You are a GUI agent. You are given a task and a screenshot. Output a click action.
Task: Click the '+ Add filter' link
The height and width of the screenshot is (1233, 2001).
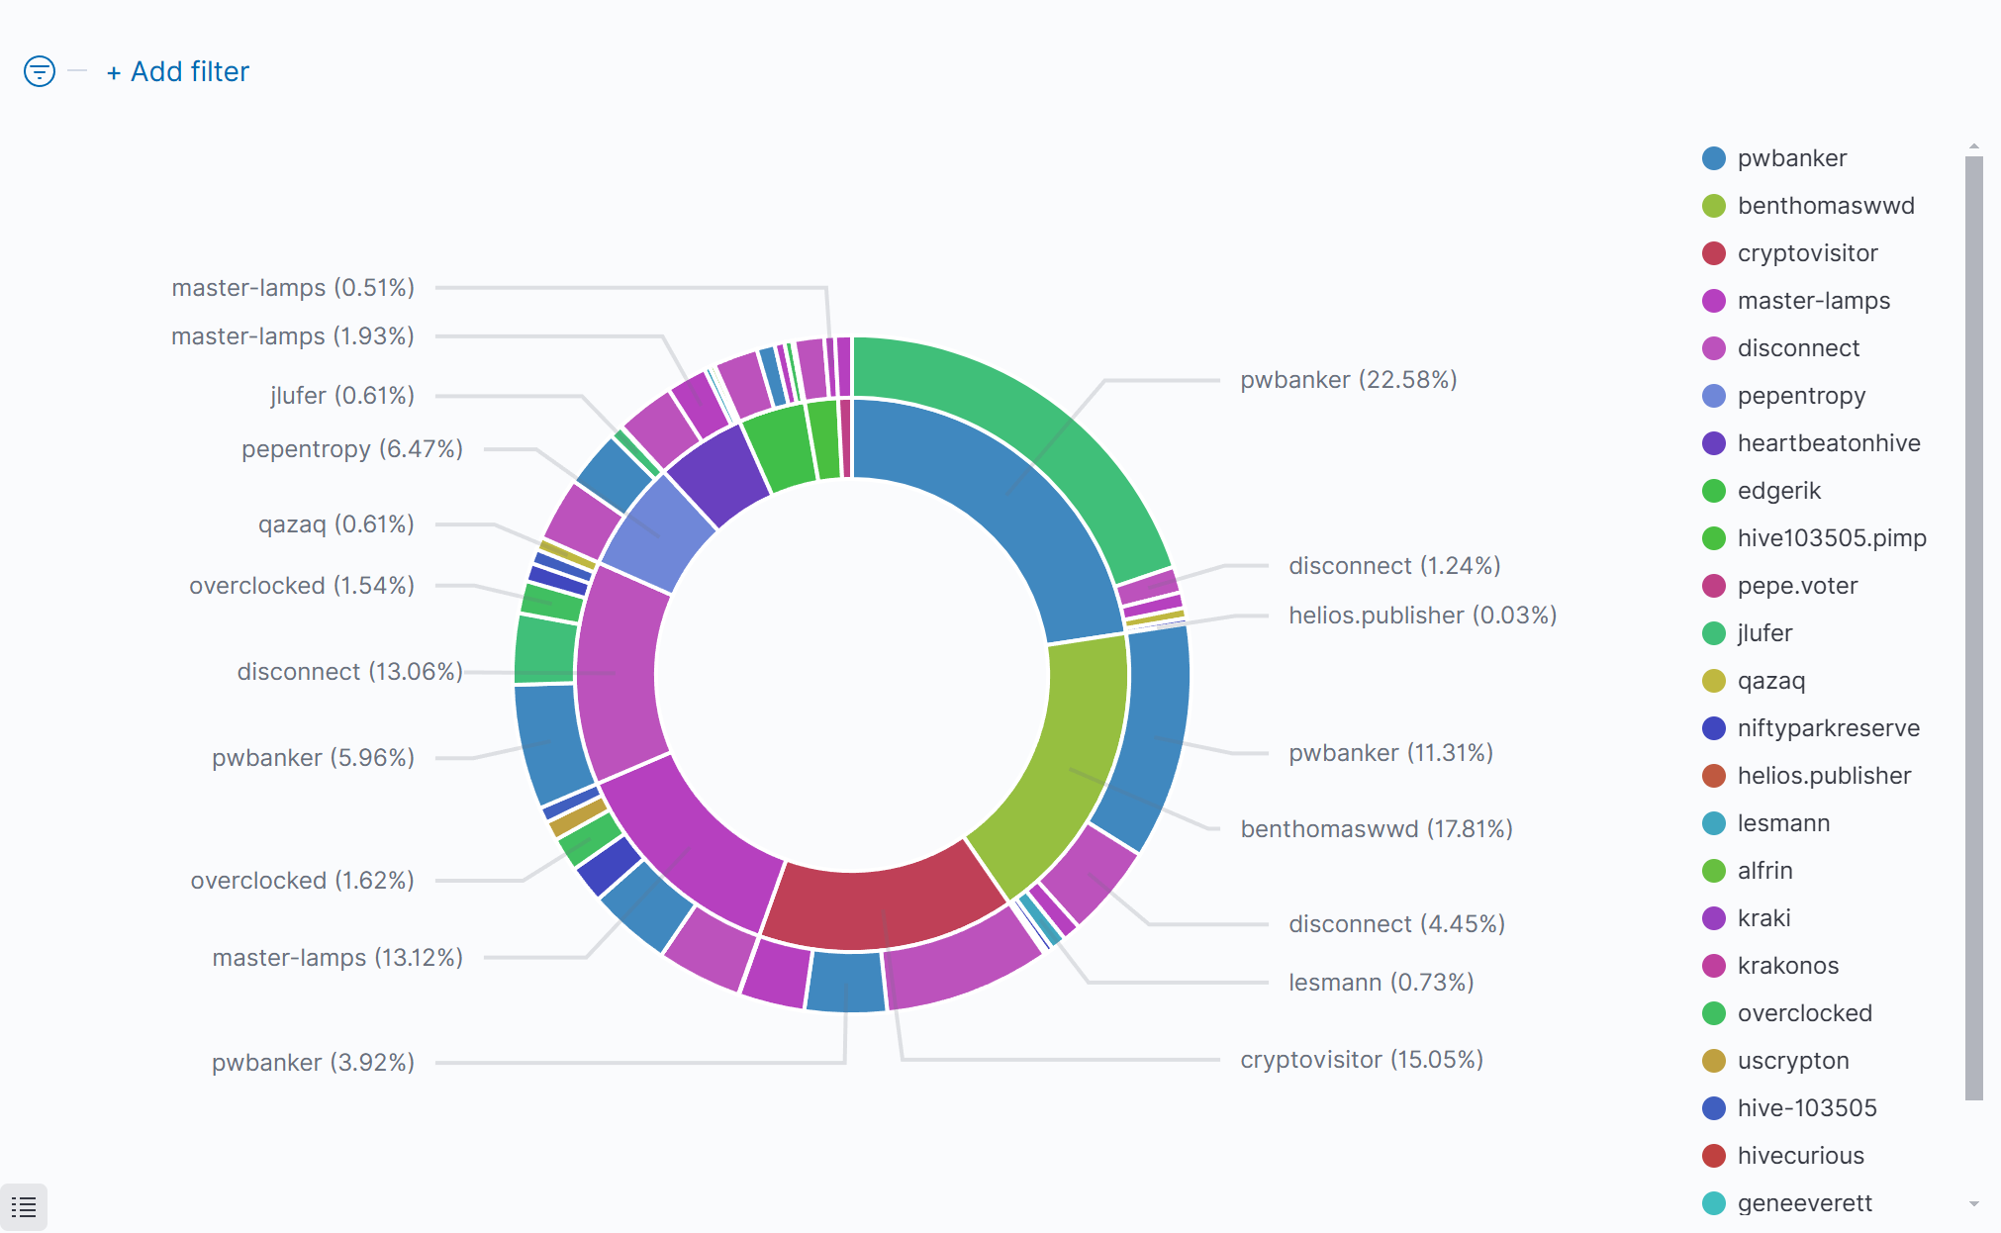click(178, 72)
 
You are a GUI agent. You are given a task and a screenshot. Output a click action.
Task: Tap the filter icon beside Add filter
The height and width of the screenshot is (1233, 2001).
click(40, 71)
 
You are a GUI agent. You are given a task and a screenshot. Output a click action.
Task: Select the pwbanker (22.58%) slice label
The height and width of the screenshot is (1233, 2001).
click(1348, 380)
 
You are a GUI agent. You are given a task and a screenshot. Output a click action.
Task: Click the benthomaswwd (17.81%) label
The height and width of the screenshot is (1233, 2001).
click(1376, 829)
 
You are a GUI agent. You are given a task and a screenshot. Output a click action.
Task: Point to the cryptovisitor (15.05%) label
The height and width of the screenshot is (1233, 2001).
click(1361, 1060)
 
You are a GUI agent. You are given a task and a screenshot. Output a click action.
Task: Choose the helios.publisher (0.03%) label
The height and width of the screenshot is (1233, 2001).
click(1422, 616)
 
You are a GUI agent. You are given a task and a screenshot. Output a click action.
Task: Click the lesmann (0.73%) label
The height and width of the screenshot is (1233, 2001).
click(1381, 983)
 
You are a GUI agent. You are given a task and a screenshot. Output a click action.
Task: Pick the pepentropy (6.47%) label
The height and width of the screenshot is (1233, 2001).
click(352, 449)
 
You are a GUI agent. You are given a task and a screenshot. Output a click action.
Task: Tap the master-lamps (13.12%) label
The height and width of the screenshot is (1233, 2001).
click(337, 958)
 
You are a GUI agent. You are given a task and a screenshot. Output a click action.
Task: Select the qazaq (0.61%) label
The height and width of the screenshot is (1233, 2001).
click(335, 524)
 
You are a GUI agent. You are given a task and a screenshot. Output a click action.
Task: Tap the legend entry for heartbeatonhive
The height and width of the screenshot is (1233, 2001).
click(1828, 443)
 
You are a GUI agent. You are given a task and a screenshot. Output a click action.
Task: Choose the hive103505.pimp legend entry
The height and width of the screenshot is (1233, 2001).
click(1831, 538)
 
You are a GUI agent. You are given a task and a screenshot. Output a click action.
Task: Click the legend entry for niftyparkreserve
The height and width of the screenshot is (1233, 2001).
click(1828, 728)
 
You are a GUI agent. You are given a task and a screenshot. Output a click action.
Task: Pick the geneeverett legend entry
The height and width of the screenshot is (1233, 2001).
click(1804, 1203)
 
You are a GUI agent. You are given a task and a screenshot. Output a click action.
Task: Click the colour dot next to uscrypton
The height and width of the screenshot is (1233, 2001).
click(1714, 1061)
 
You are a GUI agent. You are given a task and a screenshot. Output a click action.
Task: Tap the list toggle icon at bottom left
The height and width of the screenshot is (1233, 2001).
click(24, 1206)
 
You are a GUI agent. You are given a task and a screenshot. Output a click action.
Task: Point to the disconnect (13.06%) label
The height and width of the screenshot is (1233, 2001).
click(349, 672)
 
